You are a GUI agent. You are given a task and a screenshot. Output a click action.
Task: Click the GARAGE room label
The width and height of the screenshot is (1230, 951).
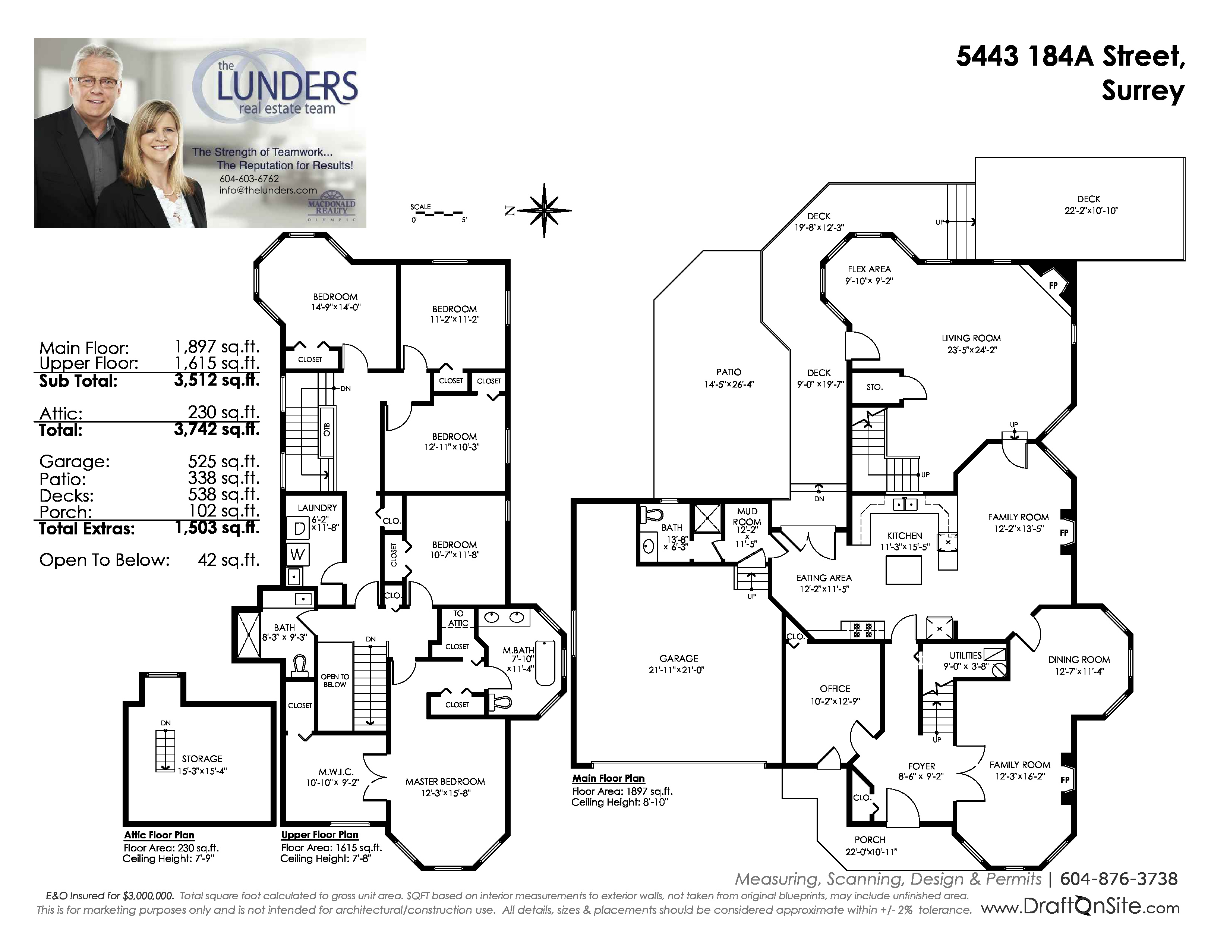coord(679,658)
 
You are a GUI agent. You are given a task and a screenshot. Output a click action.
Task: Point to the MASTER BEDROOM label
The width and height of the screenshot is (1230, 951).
coord(445,781)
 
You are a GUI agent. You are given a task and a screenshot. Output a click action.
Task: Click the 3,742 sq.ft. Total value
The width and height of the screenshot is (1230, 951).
coord(217,429)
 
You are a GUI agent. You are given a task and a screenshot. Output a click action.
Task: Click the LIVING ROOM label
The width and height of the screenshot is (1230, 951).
coord(971,338)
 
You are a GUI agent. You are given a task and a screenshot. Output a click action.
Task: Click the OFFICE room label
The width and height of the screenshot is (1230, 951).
coord(835,688)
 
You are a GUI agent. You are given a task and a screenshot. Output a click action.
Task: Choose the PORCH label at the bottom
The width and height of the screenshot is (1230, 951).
coord(870,839)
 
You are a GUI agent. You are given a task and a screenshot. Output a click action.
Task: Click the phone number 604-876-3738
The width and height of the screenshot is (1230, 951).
coord(1119,879)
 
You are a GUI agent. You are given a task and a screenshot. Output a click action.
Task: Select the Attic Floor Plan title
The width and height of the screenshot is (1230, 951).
coord(160,835)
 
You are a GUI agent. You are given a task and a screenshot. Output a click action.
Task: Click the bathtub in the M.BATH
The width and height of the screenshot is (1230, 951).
coord(545,663)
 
